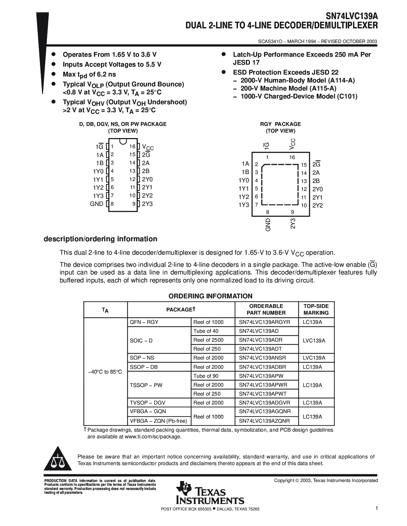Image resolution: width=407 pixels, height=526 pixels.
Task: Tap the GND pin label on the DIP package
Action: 97,204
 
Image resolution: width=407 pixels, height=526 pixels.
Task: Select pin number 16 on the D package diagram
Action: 132,147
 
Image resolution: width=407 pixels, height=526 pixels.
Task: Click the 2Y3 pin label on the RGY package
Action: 293,223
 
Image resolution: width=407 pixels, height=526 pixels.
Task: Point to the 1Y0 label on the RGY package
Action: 244,180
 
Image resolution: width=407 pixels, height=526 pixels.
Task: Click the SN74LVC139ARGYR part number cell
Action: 265,322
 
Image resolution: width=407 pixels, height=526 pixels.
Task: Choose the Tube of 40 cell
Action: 206,331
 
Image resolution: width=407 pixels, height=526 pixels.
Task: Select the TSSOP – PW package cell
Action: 146,385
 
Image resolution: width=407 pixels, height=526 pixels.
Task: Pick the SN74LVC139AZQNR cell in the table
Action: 265,421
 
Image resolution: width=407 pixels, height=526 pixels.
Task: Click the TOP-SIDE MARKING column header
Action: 316,310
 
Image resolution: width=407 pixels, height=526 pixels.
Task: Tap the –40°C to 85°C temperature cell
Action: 105,372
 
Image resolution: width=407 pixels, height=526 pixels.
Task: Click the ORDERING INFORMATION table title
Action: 210,296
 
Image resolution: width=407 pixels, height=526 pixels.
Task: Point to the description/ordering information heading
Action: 100,239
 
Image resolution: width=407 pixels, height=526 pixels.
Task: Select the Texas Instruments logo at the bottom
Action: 210,493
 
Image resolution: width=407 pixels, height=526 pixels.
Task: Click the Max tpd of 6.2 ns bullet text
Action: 89,75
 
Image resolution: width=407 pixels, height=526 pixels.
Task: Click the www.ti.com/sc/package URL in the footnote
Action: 153,437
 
